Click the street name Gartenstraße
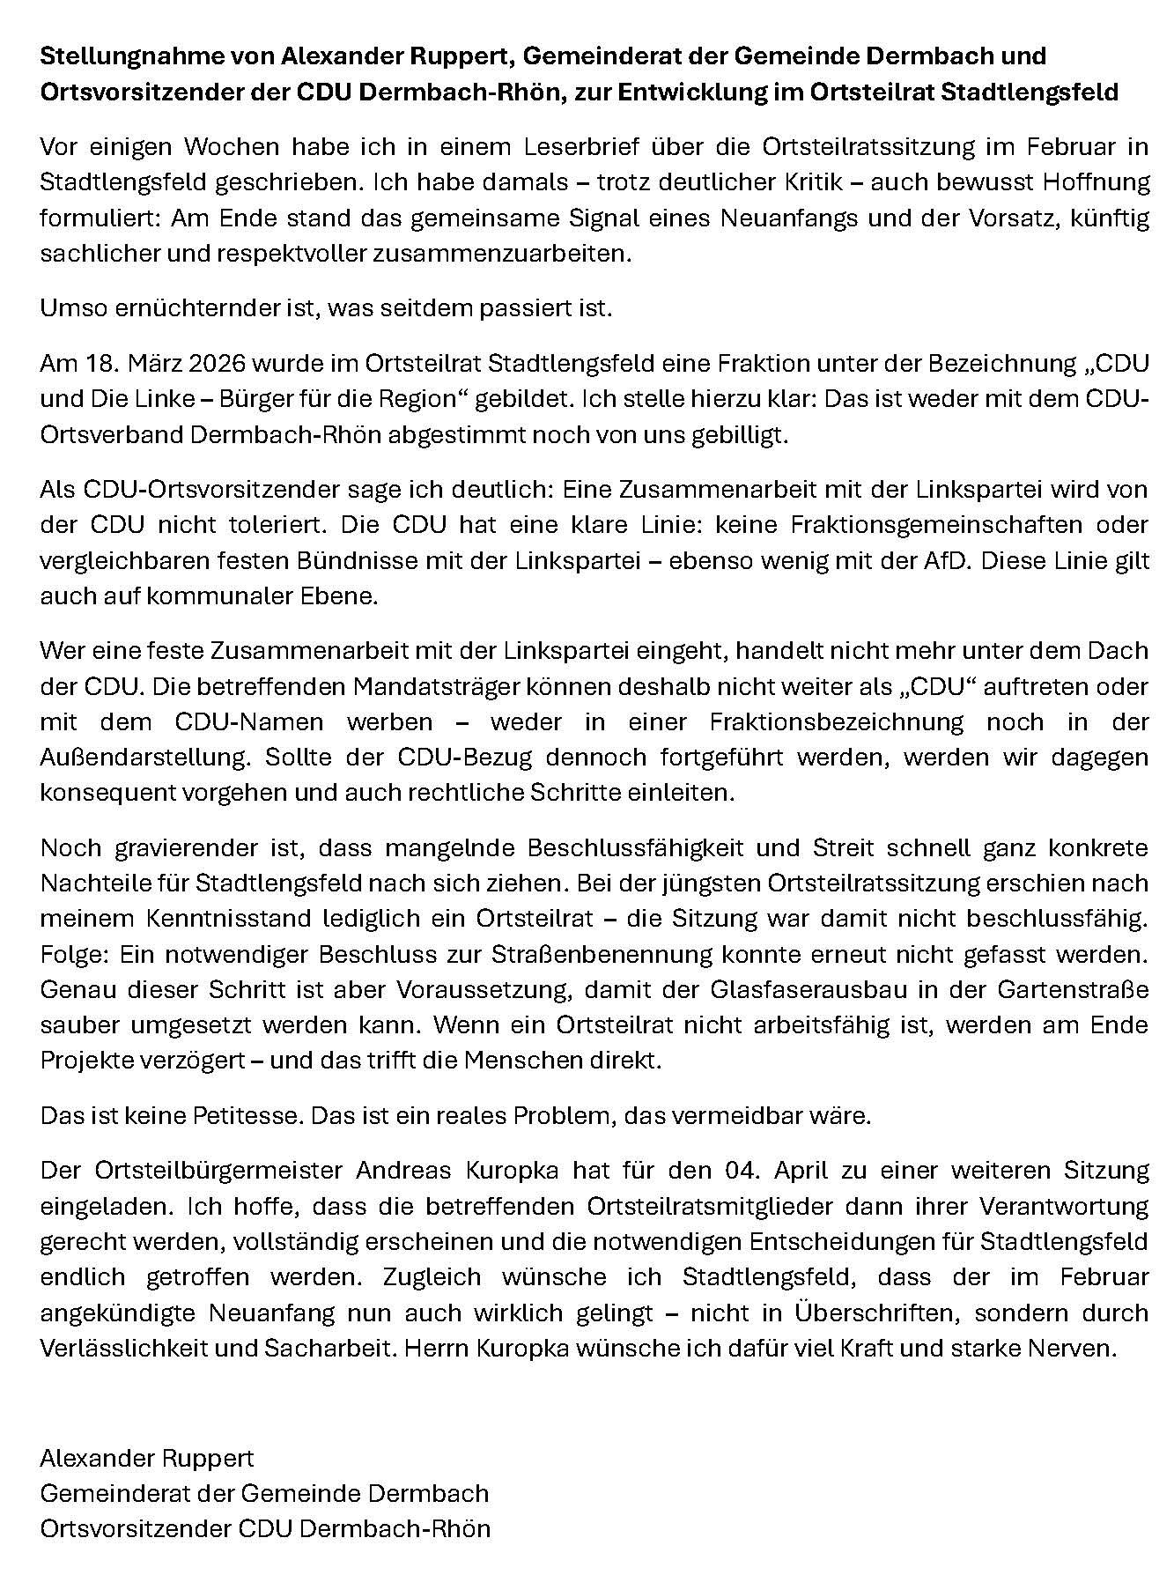(1073, 989)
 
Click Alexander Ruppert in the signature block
(146, 1458)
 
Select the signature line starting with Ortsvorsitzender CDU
(265, 1528)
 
